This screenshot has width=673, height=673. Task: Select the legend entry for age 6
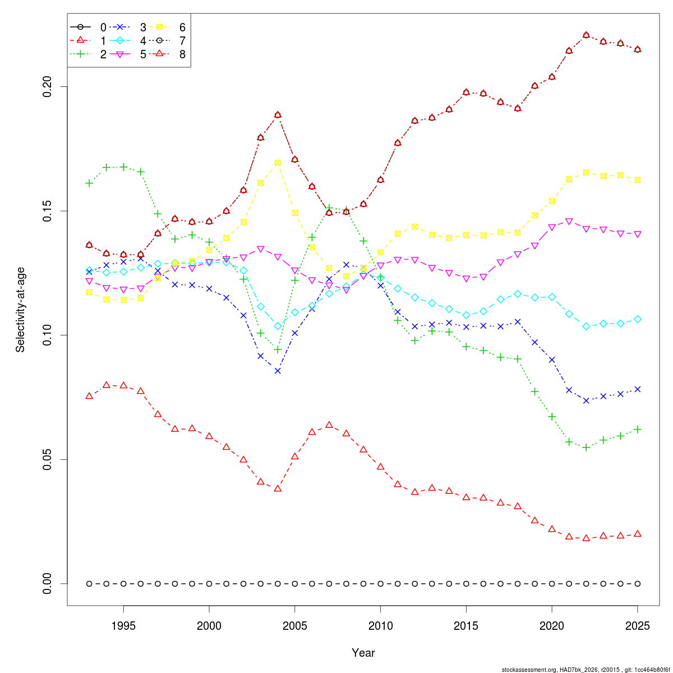(167, 27)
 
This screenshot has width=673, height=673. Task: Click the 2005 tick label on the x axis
(295, 625)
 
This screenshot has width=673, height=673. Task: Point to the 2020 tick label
(552, 625)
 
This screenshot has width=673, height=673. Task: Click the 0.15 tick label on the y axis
(47, 211)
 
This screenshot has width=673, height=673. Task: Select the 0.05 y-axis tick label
(47, 459)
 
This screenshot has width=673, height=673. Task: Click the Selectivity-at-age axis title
(20, 310)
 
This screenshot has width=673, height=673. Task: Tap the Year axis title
(363, 653)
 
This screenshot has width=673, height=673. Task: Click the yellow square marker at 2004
(278, 163)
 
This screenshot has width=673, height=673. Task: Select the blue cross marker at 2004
(278, 371)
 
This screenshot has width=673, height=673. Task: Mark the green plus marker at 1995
(123, 167)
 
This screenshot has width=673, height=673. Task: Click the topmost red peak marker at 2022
(587, 35)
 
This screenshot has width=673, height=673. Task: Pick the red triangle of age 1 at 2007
(329, 425)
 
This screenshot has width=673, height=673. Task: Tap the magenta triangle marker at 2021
(569, 222)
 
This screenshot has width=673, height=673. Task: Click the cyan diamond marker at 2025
(637, 319)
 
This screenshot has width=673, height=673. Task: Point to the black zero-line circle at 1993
(89, 584)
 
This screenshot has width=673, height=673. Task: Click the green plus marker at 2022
(587, 448)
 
